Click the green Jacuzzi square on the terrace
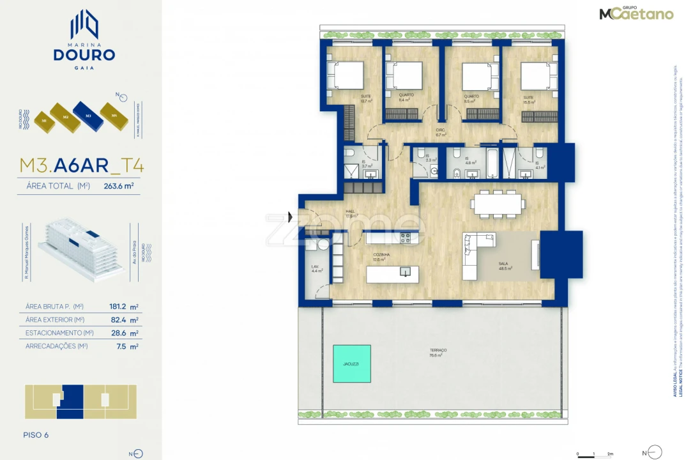pos(351,364)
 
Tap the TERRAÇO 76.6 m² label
pos(438,352)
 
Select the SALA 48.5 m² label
pos(505,266)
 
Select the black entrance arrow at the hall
pos(291,217)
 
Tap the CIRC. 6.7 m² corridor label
pos(440,133)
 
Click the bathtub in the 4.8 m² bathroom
pos(492,163)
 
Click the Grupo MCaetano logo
pos(636,13)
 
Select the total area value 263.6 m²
pos(119,187)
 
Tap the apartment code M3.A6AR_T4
pos(82,165)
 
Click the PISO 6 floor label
pos(36,435)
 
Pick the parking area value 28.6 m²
pos(125,333)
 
